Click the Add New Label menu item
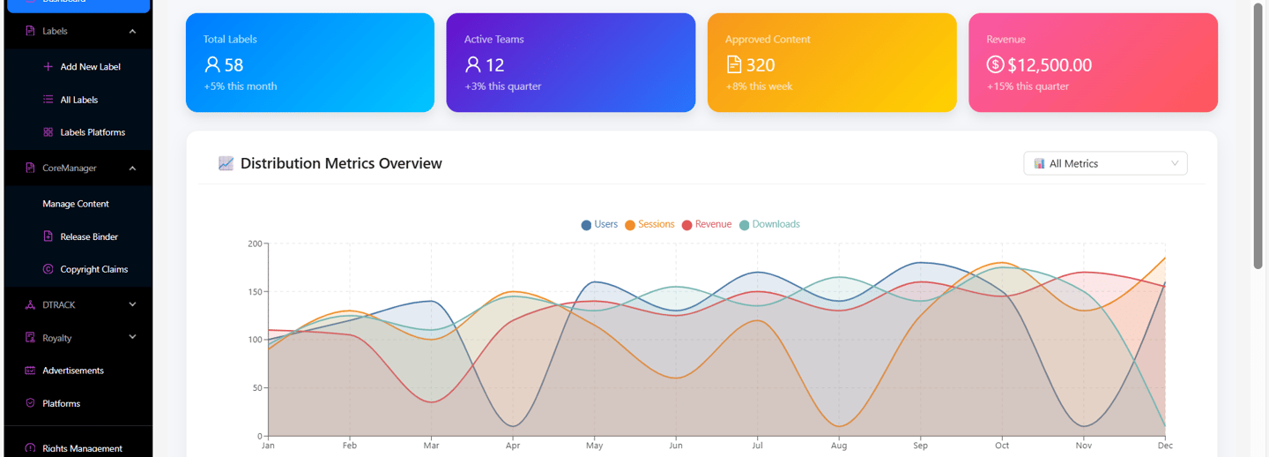click(90, 67)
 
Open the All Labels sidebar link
click(78, 100)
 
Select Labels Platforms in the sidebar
click(92, 132)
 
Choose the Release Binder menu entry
click(88, 236)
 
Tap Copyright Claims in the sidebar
click(93, 269)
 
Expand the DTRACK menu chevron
click(133, 304)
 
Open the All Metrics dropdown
click(1105, 163)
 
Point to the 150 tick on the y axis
click(254, 292)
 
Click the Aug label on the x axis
click(839, 446)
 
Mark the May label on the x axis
click(595, 446)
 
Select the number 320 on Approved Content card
click(761, 65)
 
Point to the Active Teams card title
click(493, 39)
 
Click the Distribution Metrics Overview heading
click(341, 163)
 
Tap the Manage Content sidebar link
click(76, 204)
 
